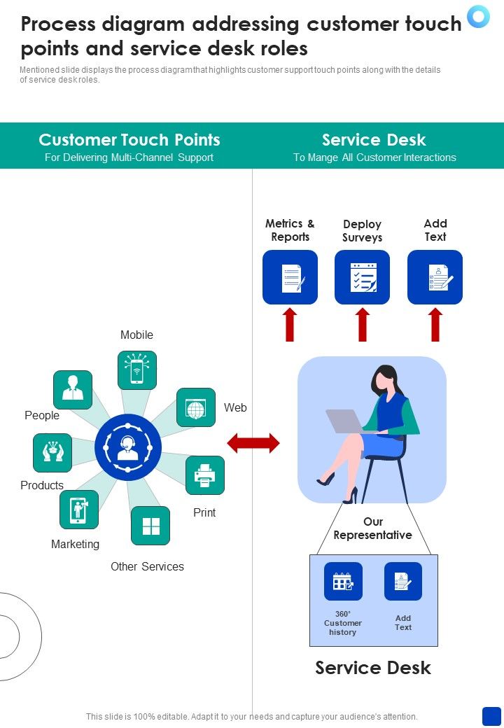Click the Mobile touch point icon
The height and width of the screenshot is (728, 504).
(137, 370)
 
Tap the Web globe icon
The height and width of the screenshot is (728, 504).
(196, 407)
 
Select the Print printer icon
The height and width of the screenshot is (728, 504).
(205, 475)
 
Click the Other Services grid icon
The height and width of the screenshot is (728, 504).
(150, 526)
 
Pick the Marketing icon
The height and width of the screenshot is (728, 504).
(79, 510)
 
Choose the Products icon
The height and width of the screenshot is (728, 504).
(52, 453)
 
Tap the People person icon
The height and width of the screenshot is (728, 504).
(73, 390)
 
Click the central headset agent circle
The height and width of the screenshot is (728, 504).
(128, 447)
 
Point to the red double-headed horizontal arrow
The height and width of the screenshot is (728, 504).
(253, 443)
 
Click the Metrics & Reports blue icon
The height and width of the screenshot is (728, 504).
(290, 277)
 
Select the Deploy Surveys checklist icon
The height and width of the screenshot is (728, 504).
(363, 277)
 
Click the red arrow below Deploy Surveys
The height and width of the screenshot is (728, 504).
(363, 325)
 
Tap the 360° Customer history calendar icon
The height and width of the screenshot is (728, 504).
(343, 582)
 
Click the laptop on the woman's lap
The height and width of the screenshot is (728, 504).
(345, 421)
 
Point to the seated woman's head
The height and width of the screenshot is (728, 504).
(384, 377)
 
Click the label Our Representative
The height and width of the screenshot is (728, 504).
(372, 528)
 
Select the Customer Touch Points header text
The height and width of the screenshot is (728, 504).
(129, 140)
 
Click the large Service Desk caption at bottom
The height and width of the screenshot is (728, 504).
(373, 668)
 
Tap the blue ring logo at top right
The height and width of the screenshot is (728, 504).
(479, 16)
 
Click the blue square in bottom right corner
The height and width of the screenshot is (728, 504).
(491, 716)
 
